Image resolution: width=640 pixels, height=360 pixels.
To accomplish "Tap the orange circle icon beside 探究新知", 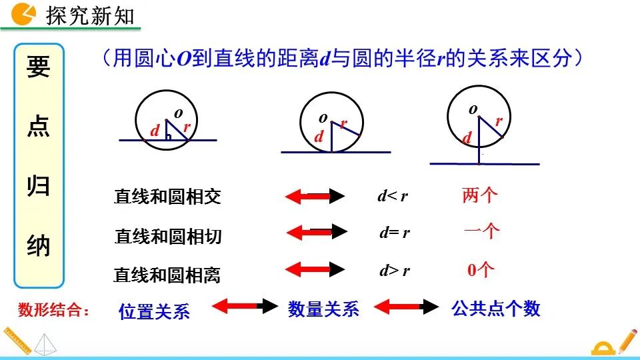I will pyautogui.click(x=25, y=13).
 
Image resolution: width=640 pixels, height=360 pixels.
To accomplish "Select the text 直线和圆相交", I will pyautogui.click(x=167, y=197).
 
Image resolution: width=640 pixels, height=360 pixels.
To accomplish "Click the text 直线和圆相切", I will pyautogui.click(x=168, y=236).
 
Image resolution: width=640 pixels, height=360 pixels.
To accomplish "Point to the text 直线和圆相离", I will pyautogui.click(x=167, y=275).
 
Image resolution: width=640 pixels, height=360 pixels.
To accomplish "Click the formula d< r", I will pyautogui.click(x=393, y=196).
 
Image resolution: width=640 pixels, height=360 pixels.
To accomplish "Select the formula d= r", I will pyautogui.click(x=394, y=233).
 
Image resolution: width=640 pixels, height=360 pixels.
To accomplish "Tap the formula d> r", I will pyautogui.click(x=394, y=271).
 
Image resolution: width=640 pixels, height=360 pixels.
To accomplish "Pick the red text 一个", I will pyautogui.click(x=481, y=231).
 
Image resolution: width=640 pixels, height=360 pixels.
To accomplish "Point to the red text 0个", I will pyautogui.click(x=480, y=270).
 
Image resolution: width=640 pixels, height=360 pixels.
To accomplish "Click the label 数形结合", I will pyautogui.click(x=53, y=309).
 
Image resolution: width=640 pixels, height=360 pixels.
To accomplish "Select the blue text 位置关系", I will pyautogui.click(x=154, y=311).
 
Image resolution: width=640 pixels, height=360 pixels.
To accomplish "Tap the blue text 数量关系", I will pyautogui.click(x=323, y=309).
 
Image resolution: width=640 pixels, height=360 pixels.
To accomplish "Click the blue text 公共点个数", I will pyautogui.click(x=495, y=308).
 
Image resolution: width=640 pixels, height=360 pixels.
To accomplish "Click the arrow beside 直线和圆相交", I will pyautogui.click(x=315, y=196).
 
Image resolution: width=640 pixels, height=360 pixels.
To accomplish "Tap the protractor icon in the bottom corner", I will pyautogui.click(x=603, y=348).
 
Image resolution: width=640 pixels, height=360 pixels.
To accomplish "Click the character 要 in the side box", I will pyautogui.click(x=39, y=67).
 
